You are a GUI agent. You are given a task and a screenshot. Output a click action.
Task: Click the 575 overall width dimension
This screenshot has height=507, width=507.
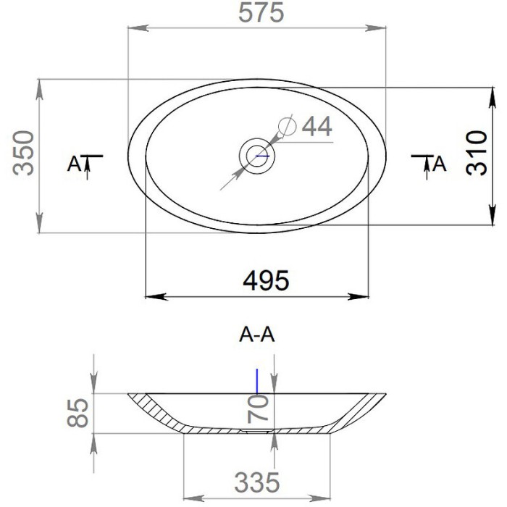(x=261, y=13)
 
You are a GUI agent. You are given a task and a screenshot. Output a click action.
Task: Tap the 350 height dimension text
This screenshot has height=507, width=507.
(x=23, y=153)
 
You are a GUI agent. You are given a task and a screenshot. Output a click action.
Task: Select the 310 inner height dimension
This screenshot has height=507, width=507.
(x=477, y=153)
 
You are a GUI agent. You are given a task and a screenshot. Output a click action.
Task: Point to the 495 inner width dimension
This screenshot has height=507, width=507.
(x=266, y=280)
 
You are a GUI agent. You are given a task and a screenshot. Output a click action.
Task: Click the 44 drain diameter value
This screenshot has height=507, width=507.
(x=317, y=127)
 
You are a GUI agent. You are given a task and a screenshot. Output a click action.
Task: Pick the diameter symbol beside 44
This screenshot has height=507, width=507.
(x=287, y=125)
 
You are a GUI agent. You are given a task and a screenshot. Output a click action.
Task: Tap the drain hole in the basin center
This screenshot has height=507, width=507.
(x=257, y=156)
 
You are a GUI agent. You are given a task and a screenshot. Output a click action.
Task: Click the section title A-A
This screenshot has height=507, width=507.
(x=257, y=335)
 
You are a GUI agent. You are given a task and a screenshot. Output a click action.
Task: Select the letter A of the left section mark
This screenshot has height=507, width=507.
(x=74, y=164)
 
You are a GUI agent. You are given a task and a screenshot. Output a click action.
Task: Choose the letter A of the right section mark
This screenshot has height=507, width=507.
(x=440, y=164)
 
